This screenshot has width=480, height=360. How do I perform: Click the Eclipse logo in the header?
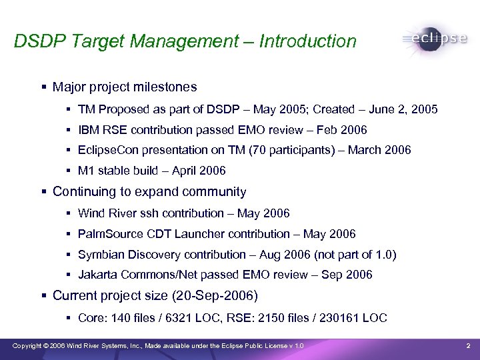click(x=435, y=39)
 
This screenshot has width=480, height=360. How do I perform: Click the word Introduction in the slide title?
click(x=308, y=41)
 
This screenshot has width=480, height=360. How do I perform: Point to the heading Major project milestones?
click(x=125, y=87)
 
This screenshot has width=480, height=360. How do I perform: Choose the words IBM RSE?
click(x=101, y=129)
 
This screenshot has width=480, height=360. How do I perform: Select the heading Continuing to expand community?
click(x=149, y=192)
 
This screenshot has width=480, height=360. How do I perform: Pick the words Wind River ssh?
click(x=115, y=213)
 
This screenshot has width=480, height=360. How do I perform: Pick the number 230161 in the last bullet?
click(x=340, y=317)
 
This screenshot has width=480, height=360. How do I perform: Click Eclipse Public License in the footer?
click(x=251, y=345)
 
